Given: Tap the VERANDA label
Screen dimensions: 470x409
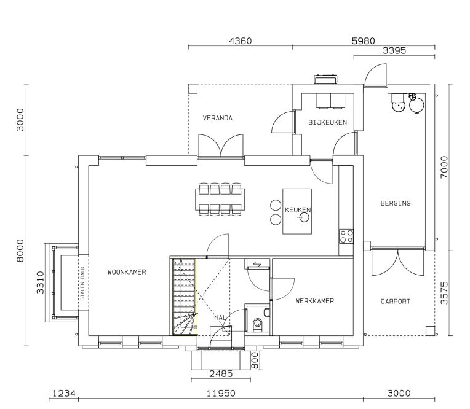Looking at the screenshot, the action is [x=218, y=118].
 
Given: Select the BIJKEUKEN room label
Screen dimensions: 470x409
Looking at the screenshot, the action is [x=328, y=122].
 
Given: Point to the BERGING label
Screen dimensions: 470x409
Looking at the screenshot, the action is [x=396, y=203].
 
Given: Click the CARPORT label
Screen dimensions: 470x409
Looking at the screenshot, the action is [x=396, y=302].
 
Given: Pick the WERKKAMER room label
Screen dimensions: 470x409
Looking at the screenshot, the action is [x=315, y=301].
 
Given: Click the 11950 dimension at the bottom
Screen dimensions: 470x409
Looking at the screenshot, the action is [x=221, y=393].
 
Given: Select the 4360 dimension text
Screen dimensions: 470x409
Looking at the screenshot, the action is [x=241, y=41].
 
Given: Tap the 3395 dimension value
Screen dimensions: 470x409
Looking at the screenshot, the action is [x=394, y=50].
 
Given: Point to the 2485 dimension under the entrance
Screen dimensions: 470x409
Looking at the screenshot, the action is [x=221, y=374].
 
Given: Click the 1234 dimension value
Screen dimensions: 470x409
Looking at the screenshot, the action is [x=64, y=393].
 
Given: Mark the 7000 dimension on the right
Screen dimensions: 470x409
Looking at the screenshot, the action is [x=444, y=167].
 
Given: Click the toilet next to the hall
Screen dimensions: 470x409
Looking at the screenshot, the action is [x=258, y=325].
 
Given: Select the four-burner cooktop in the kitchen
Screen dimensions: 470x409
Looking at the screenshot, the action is [x=346, y=236].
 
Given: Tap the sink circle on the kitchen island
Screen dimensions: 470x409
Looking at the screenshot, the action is [x=305, y=217].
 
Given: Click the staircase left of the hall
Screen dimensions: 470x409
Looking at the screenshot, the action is [x=184, y=297].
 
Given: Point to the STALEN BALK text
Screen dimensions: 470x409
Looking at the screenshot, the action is [x=82, y=283].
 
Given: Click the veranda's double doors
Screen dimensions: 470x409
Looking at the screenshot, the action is [x=221, y=146].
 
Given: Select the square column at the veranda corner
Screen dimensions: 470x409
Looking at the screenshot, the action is [x=193, y=88].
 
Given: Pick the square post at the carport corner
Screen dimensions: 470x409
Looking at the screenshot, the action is [x=430, y=330].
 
